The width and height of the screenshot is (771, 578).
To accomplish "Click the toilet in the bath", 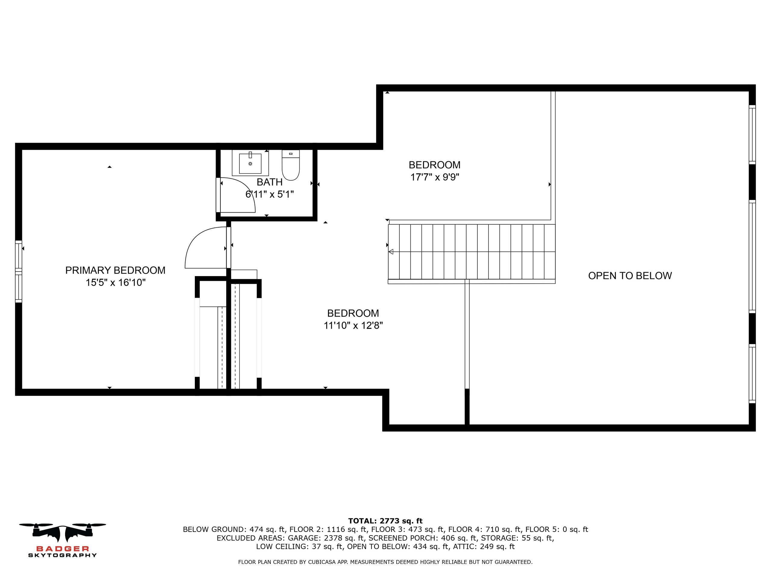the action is click(x=291, y=165).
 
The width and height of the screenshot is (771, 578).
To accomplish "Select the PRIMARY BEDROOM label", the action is click(x=115, y=270).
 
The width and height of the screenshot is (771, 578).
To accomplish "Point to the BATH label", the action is click(x=270, y=182).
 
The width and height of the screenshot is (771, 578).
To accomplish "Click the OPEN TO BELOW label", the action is click(x=630, y=276).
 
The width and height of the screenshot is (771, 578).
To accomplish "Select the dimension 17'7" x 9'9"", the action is click(x=435, y=177).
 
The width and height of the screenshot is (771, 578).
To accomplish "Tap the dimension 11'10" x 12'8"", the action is click(x=353, y=326).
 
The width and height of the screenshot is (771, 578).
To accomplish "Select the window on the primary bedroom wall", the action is click(x=18, y=272).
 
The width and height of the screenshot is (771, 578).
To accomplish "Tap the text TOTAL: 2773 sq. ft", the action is click(x=385, y=521).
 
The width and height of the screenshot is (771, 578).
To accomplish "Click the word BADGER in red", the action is click(x=63, y=549).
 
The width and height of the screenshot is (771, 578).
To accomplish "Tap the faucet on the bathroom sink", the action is click(x=250, y=155).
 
